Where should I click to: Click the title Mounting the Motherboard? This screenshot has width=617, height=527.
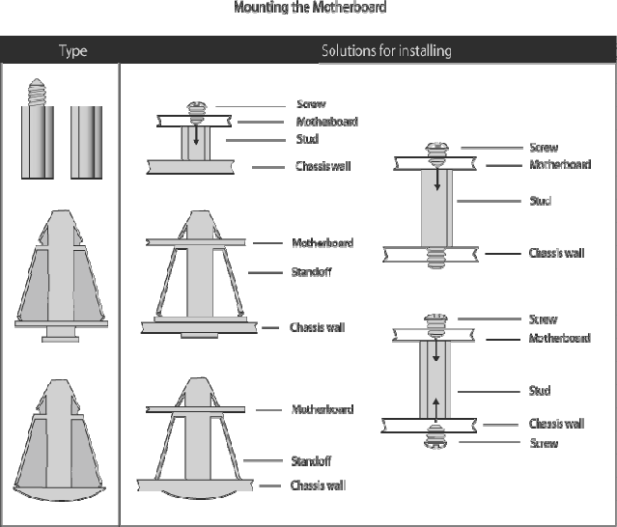tap(310, 8)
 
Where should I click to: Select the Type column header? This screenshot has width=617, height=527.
tap(72, 50)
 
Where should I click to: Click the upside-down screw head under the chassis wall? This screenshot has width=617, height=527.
tap(435, 440)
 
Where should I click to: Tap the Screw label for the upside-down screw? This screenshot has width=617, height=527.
tap(543, 443)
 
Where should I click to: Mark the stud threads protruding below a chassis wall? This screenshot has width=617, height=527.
tap(435, 259)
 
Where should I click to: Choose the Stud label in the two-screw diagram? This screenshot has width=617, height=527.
tap(540, 391)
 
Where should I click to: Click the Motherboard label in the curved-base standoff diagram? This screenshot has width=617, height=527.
tap(323, 409)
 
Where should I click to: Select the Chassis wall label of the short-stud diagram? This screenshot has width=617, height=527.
tap(323, 166)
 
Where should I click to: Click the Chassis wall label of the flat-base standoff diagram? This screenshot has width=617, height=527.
tap(317, 327)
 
